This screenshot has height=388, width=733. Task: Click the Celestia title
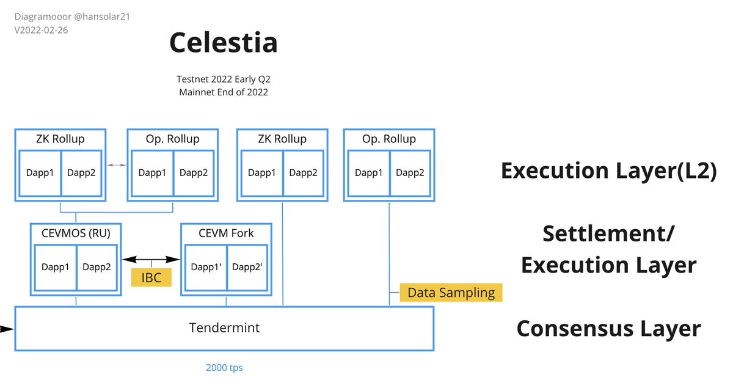(224, 42)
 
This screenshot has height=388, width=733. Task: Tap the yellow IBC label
(151, 277)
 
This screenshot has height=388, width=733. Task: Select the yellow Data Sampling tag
(451, 293)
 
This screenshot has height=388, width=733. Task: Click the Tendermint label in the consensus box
(225, 328)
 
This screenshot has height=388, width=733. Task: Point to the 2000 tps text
(225, 368)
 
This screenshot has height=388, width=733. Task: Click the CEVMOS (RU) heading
(76, 233)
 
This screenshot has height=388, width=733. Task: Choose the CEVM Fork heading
(226, 233)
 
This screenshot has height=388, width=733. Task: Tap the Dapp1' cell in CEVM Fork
(206, 267)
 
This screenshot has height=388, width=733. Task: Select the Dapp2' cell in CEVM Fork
(247, 267)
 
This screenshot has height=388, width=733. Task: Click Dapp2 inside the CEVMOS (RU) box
(97, 267)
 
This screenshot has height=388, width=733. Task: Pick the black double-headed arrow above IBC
(151, 259)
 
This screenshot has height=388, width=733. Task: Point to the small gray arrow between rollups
(117, 165)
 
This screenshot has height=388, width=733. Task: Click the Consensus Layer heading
(608, 328)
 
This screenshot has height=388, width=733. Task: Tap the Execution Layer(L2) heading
(608, 170)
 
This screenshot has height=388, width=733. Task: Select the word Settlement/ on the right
(608, 233)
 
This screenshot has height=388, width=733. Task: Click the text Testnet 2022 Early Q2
(224, 79)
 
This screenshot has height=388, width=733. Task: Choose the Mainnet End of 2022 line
(224, 92)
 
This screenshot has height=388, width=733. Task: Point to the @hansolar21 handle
(102, 16)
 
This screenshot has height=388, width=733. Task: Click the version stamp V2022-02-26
(42, 30)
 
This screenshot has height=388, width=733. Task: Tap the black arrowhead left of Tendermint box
(7, 329)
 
